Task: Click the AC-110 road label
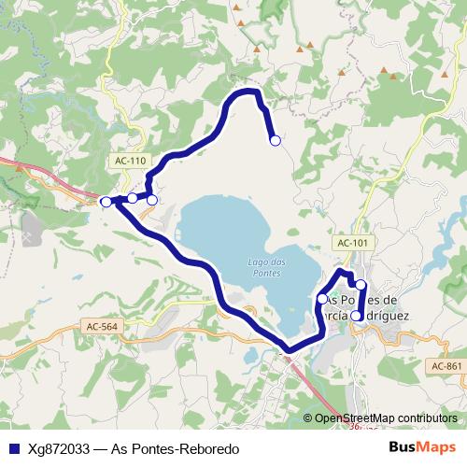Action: tap(131, 161)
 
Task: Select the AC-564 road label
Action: tap(101, 326)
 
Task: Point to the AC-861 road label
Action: tap(447, 365)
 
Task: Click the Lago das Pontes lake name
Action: tap(267, 265)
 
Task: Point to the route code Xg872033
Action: tap(56, 449)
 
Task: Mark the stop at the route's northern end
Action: tap(275, 140)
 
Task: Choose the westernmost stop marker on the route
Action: tap(106, 202)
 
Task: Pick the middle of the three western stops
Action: tap(133, 198)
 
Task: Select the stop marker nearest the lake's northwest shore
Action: tap(152, 199)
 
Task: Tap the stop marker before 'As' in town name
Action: tap(322, 299)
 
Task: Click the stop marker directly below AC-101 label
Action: tap(361, 284)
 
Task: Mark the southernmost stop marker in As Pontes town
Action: tap(357, 316)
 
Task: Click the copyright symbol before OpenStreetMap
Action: tap(308, 418)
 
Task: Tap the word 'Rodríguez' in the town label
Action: tap(377, 316)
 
